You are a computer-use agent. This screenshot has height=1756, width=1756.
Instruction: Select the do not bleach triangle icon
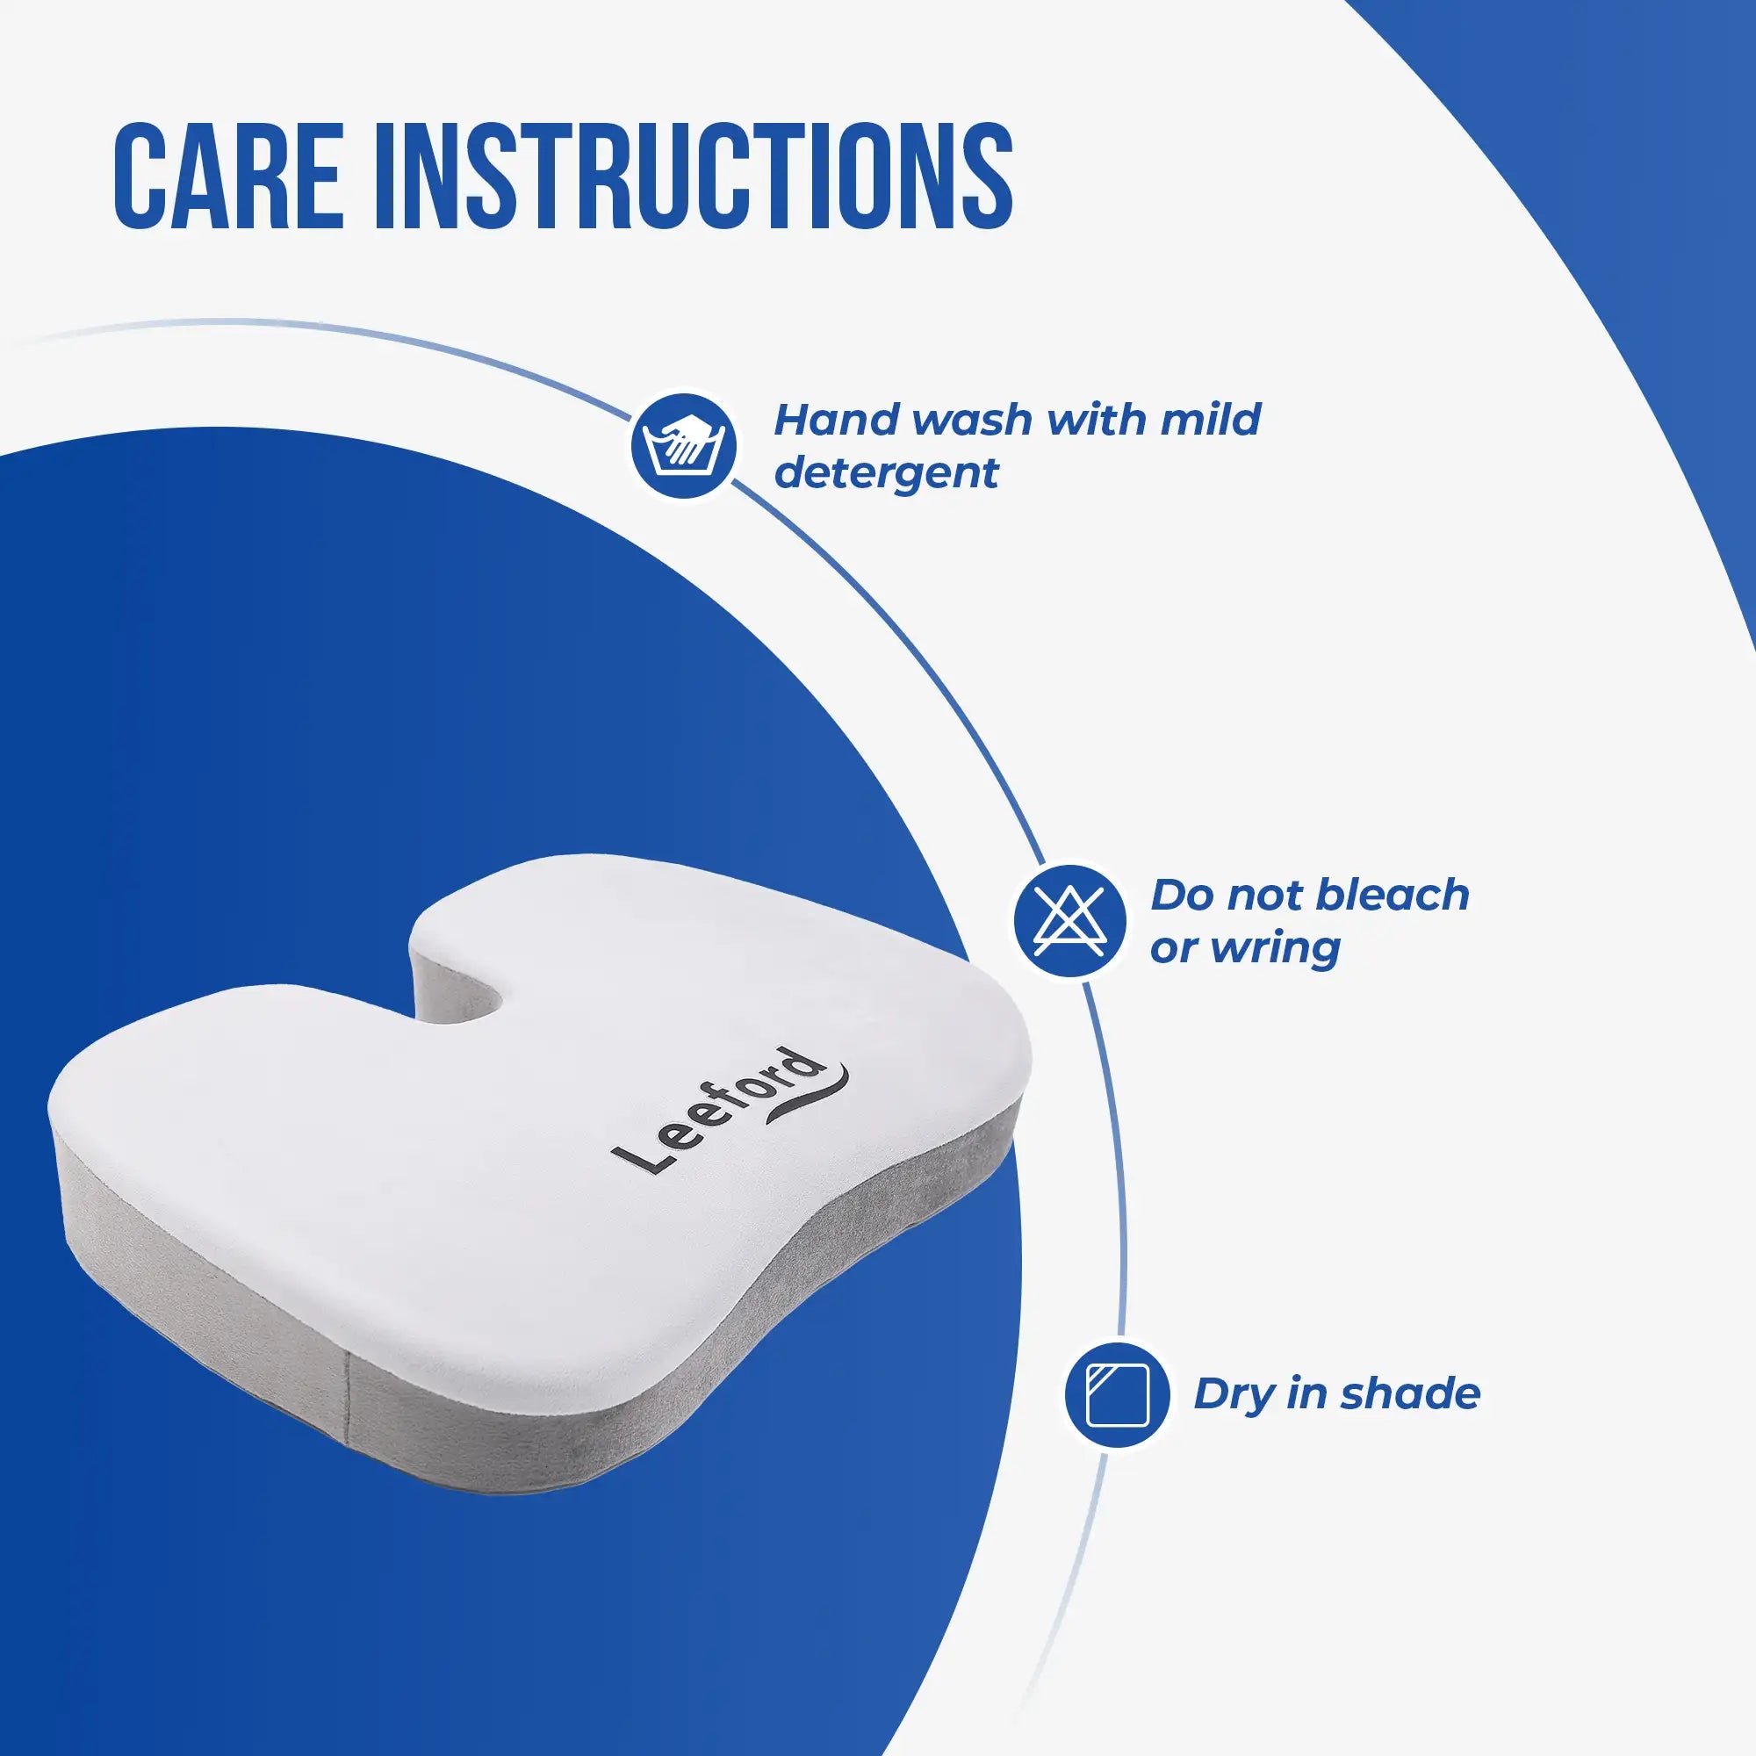click(1069, 920)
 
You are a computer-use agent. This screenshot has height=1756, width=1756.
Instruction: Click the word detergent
click(886, 473)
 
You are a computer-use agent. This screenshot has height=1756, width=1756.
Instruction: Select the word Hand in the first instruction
click(834, 420)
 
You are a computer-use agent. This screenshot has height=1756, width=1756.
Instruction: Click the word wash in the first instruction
click(972, 420)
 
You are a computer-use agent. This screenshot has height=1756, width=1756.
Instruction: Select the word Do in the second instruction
click(1179, 896)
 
